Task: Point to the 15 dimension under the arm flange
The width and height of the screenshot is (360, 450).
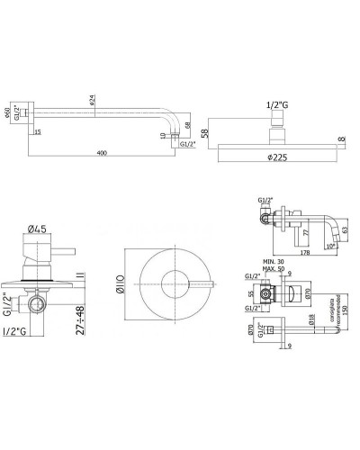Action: (38, 132)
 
